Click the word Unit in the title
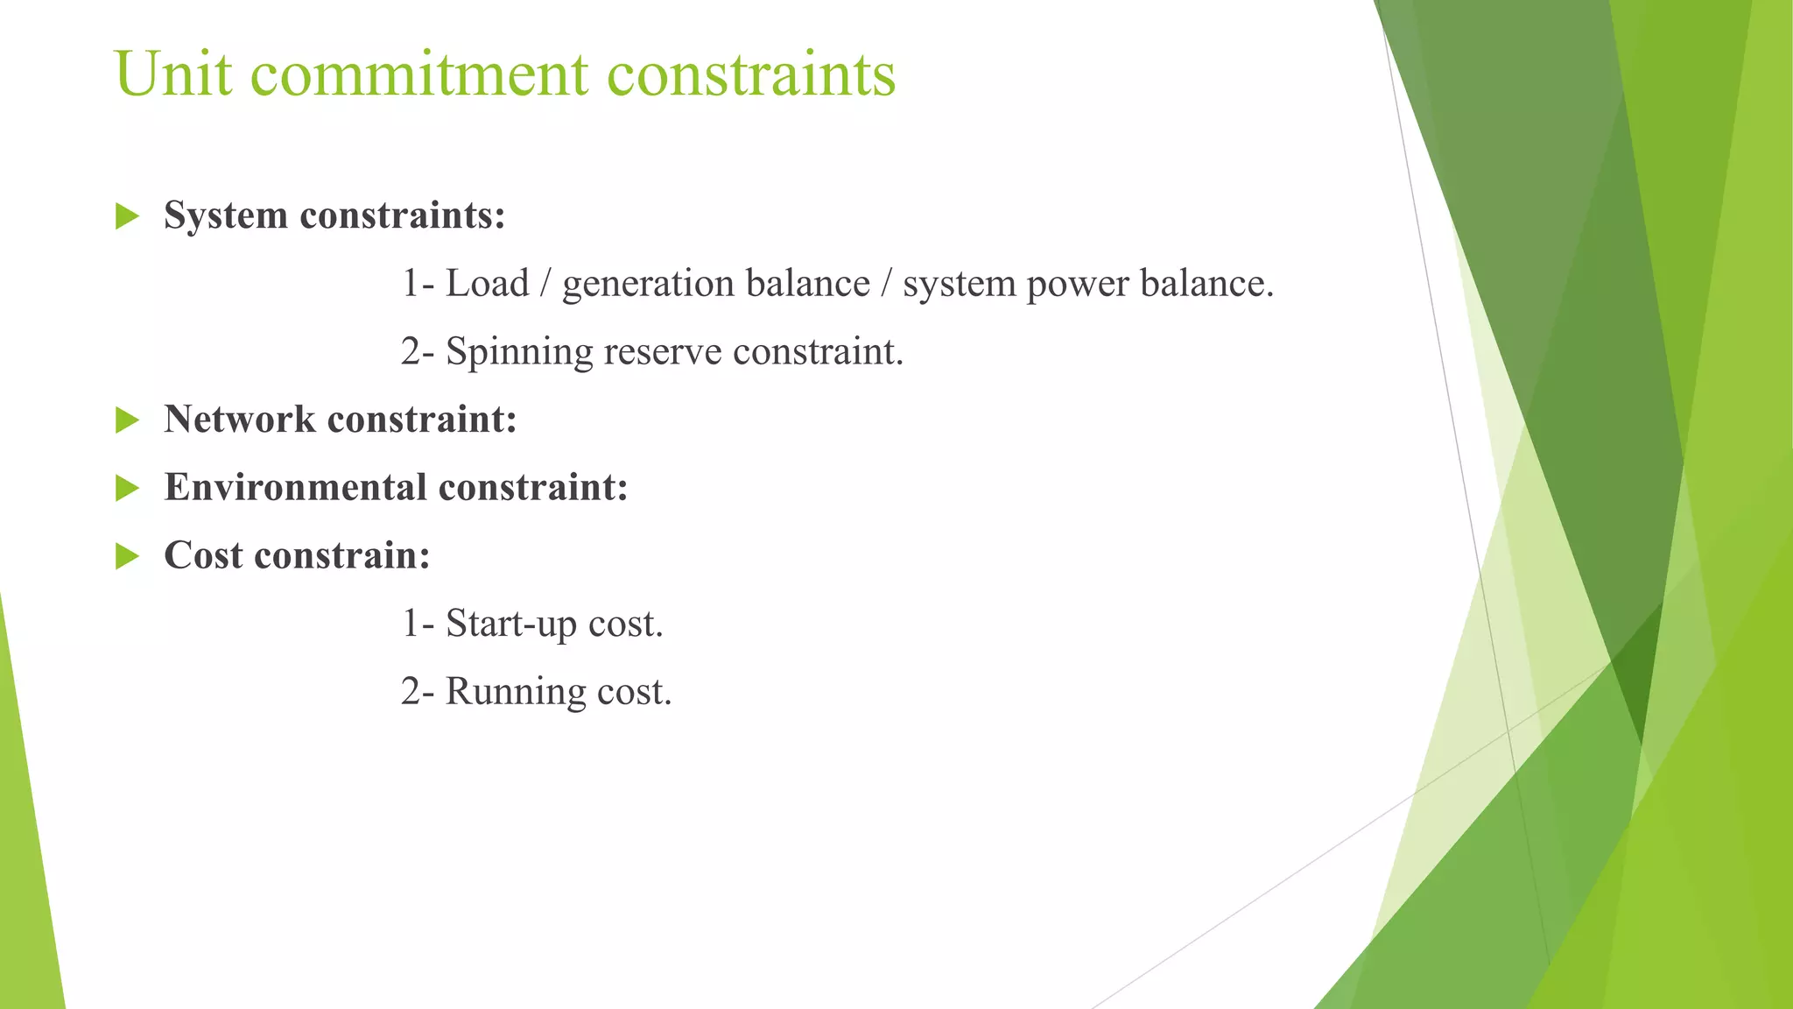[172, 74]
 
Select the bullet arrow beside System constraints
[128, 215]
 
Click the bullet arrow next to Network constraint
[128, 420]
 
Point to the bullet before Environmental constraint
[128, 488]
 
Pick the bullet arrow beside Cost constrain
[128, 555]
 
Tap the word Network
[239, 420]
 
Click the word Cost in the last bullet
[203, 555]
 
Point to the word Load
[487, 284]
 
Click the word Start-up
[510, 624]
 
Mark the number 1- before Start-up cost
[418, 624]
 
